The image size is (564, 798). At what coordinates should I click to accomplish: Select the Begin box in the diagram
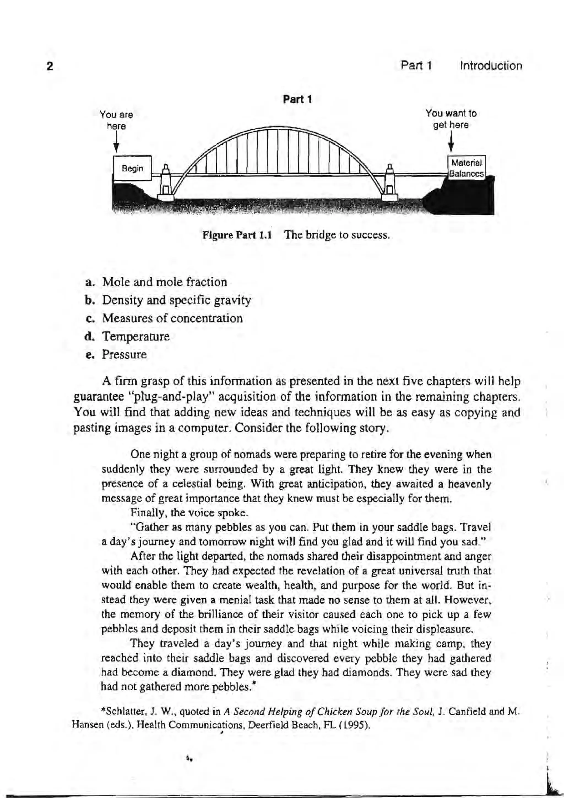(132, 169)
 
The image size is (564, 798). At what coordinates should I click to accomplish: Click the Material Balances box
(467, 169)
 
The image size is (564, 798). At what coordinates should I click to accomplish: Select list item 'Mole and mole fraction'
(165, 282)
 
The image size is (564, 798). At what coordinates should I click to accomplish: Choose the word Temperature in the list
(136, 337)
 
